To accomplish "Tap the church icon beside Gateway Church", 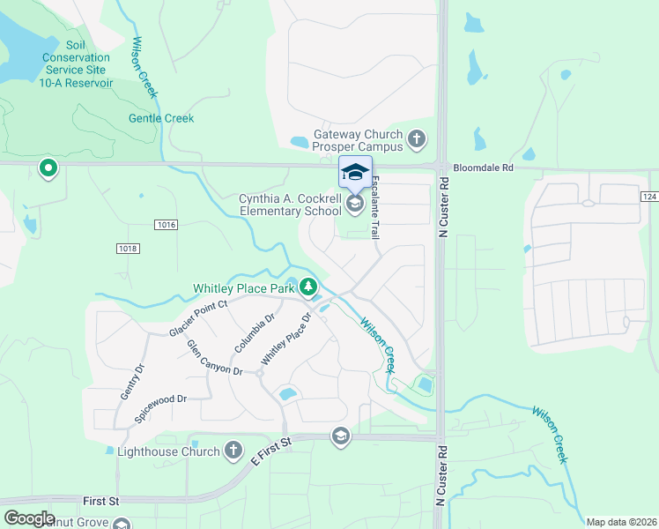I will point(417,139).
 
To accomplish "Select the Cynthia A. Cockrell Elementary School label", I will point(290,205).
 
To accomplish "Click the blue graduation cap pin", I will point(355,171).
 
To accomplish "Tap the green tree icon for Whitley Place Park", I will point(308,287).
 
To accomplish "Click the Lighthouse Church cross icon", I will point(233,451).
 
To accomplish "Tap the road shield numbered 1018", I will point(128,249).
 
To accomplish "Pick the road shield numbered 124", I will point(649,196).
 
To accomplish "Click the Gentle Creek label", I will point(161,118).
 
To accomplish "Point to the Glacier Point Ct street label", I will point(198,317).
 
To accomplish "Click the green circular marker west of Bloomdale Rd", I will point(48,167).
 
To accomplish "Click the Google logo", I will point(29,518).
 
